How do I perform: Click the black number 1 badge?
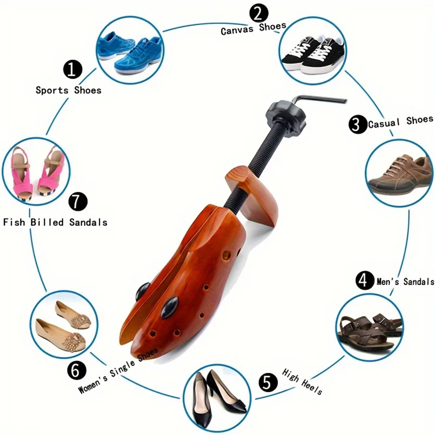(x=73, y=69)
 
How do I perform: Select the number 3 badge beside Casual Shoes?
(x=358, y=124)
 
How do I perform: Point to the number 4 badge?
(x=365, y=281)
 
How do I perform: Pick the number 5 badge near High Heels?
(x=268, y=382)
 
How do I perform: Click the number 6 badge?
(x=77, y=370)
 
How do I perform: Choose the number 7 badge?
(x=78, y=201)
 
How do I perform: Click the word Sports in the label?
(x=52, y=90)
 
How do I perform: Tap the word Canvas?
(x=237, y=30)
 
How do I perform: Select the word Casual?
(x=384, y=123)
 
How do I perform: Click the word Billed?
(x=47, y=222)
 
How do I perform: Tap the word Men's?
(x=388, y=282)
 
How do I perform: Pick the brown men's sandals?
(x=369, y=332)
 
